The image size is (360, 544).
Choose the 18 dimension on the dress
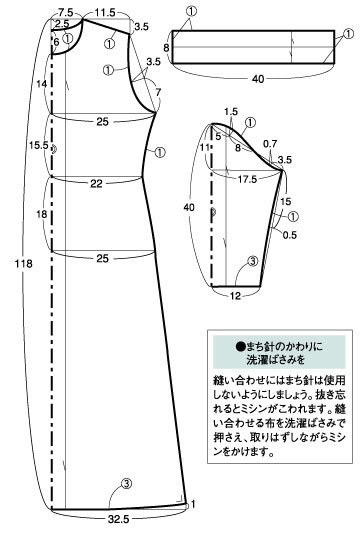(x=41, y=214)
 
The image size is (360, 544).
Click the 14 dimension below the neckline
(x=41, y=85)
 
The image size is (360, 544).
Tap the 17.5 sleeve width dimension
(x=245, y=178)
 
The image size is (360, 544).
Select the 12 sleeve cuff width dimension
(x=236, y=295)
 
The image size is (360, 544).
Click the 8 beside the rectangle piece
(x=166, y=47)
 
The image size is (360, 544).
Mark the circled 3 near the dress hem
(x=126, y=483)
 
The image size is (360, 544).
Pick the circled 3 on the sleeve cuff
(x=252, y=262)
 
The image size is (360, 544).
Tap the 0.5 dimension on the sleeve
(x=291, y=236)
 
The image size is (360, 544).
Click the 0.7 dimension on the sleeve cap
(x=271, y=145)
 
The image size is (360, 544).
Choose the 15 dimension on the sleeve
(x=285, y=201)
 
